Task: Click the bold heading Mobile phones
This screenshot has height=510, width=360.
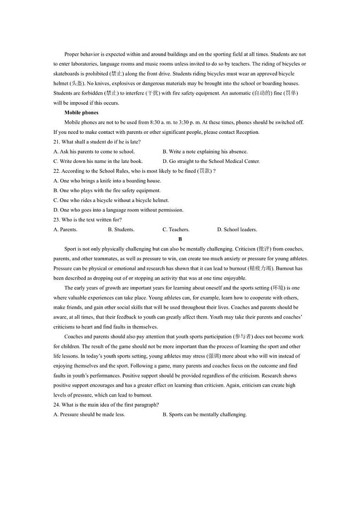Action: [81, 113]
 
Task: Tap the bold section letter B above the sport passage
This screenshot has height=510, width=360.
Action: [180, 239]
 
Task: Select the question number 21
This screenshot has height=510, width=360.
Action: [56, 142]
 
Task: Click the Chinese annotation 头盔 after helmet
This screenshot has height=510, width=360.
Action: [77, 83]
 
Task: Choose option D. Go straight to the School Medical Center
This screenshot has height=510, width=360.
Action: [211, 161]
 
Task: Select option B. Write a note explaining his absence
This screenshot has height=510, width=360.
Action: [205, 152]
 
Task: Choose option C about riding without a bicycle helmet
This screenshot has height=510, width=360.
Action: [111, 200]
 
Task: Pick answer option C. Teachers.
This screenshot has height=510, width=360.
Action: [176, 230]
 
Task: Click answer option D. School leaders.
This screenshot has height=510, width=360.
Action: [237, 230]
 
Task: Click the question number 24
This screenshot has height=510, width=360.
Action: [56, 405]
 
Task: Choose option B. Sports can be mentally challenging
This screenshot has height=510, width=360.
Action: [204, 414]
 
